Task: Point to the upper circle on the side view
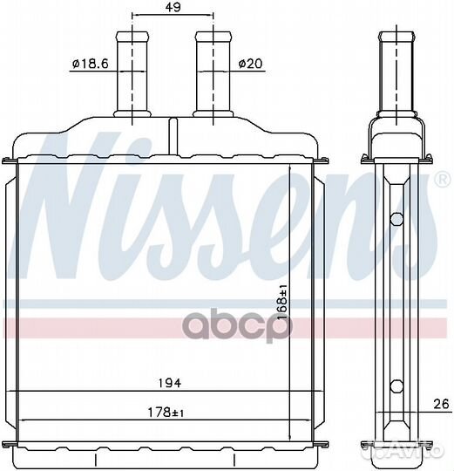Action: coord(396,219)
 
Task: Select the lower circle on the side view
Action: coord(396,385)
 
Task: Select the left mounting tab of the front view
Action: coord(10,160)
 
